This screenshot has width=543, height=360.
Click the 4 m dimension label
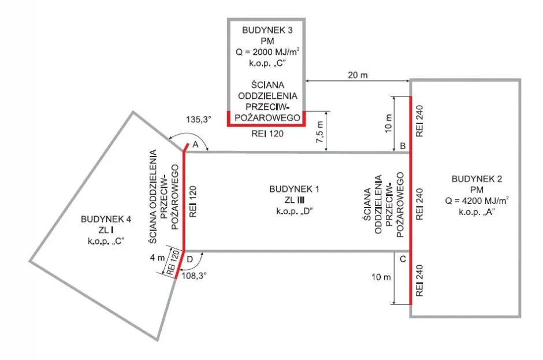pos(156,258)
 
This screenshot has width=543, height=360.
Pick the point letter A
pos(195,144)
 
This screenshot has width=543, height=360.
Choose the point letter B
pos(403,146)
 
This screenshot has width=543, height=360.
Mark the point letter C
pos(403,258)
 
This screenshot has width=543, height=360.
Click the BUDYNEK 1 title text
pos(291,190)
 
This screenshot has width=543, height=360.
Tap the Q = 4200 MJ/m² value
pos(477,202)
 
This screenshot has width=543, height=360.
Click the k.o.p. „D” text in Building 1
pos(291,210)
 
